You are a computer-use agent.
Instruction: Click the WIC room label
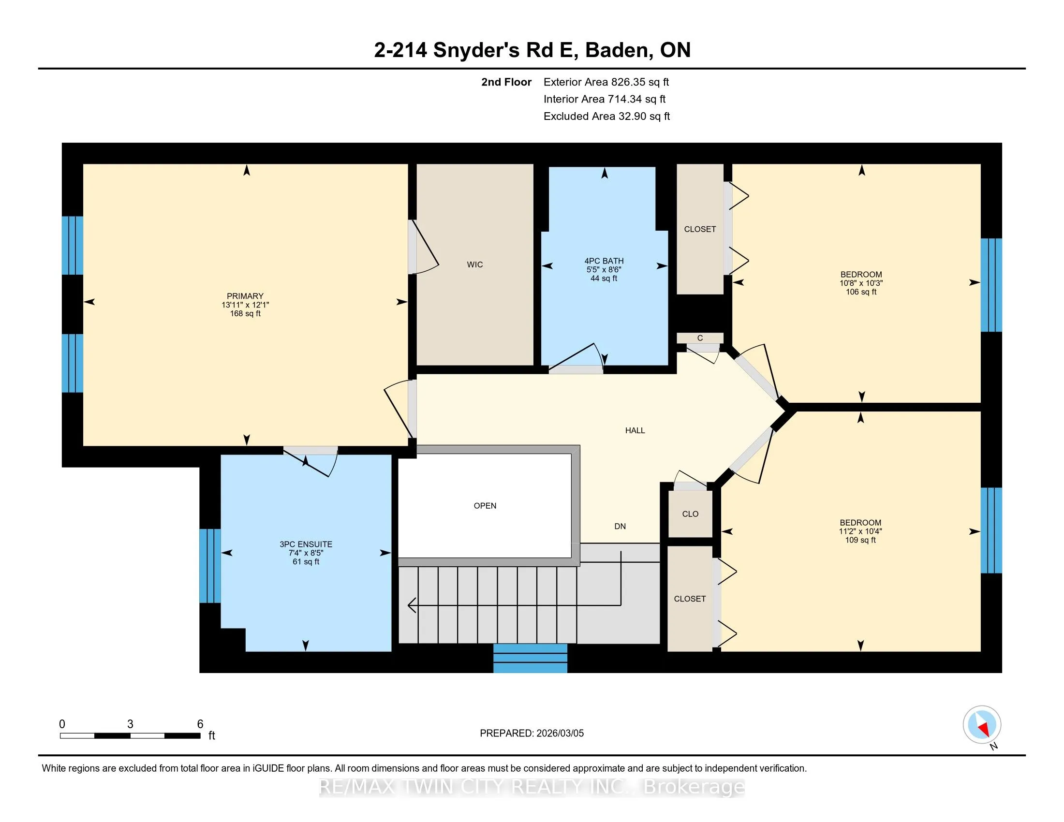474,264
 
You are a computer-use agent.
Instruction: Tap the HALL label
635,430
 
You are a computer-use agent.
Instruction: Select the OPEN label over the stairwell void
485,506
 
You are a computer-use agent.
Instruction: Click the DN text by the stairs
620,527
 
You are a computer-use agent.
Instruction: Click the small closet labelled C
700,338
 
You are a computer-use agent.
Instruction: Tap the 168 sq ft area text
245,314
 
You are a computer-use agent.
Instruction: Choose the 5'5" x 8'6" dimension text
604,270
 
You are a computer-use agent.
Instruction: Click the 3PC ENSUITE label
306,544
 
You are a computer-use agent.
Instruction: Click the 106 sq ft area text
861,292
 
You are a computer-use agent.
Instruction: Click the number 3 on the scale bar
130,724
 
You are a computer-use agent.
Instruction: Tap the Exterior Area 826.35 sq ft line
606,82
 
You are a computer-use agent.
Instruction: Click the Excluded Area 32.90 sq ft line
606,117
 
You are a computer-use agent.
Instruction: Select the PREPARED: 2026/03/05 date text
532,734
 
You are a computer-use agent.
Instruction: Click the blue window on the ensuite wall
210,566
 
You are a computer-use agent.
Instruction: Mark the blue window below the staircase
530,659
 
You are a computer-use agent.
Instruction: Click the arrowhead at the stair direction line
412,605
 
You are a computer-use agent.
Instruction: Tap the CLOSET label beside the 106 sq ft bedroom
700,229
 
